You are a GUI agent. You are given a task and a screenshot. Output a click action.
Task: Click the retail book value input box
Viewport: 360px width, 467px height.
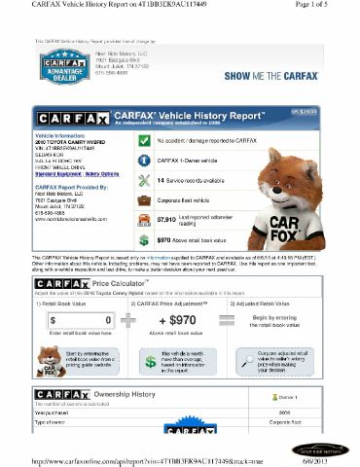click(81, 319)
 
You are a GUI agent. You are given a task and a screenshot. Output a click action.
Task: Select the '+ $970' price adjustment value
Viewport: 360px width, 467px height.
click(177, 319)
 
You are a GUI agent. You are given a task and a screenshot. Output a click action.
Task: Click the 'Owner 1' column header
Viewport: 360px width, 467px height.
click(288, 398)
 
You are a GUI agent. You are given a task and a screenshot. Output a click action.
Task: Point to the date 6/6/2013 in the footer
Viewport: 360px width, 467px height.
click(331, 461)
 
